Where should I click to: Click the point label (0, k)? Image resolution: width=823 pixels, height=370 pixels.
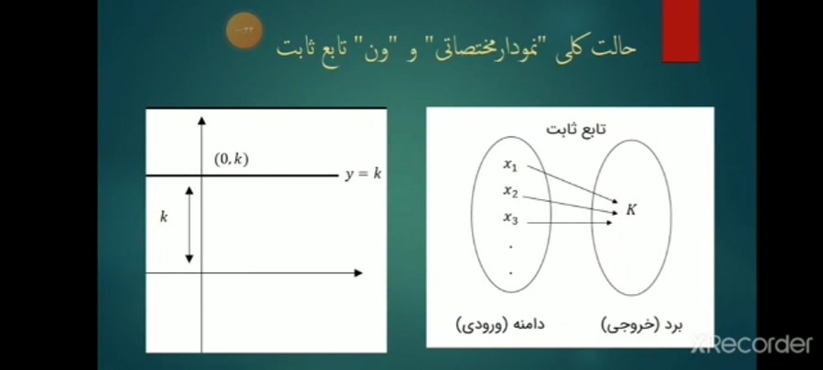tap(230, 159)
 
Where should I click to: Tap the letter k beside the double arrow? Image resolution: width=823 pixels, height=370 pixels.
tap(164, 217)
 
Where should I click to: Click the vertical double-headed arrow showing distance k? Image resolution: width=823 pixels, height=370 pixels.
tap(189, 225)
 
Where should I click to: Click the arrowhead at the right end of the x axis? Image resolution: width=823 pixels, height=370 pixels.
tap(358, 272)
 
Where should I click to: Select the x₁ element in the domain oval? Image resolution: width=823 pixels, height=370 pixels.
tap(510, 165)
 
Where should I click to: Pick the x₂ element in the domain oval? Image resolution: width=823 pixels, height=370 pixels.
tap(510, 192)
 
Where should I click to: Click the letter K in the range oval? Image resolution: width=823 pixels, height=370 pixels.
tap(631, 209)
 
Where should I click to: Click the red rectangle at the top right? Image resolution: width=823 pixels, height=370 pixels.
tap(680, 32)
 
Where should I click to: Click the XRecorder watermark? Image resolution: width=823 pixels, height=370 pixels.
tap(752, 344)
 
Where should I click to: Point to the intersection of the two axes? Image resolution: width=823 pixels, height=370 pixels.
tap(201, 272)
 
